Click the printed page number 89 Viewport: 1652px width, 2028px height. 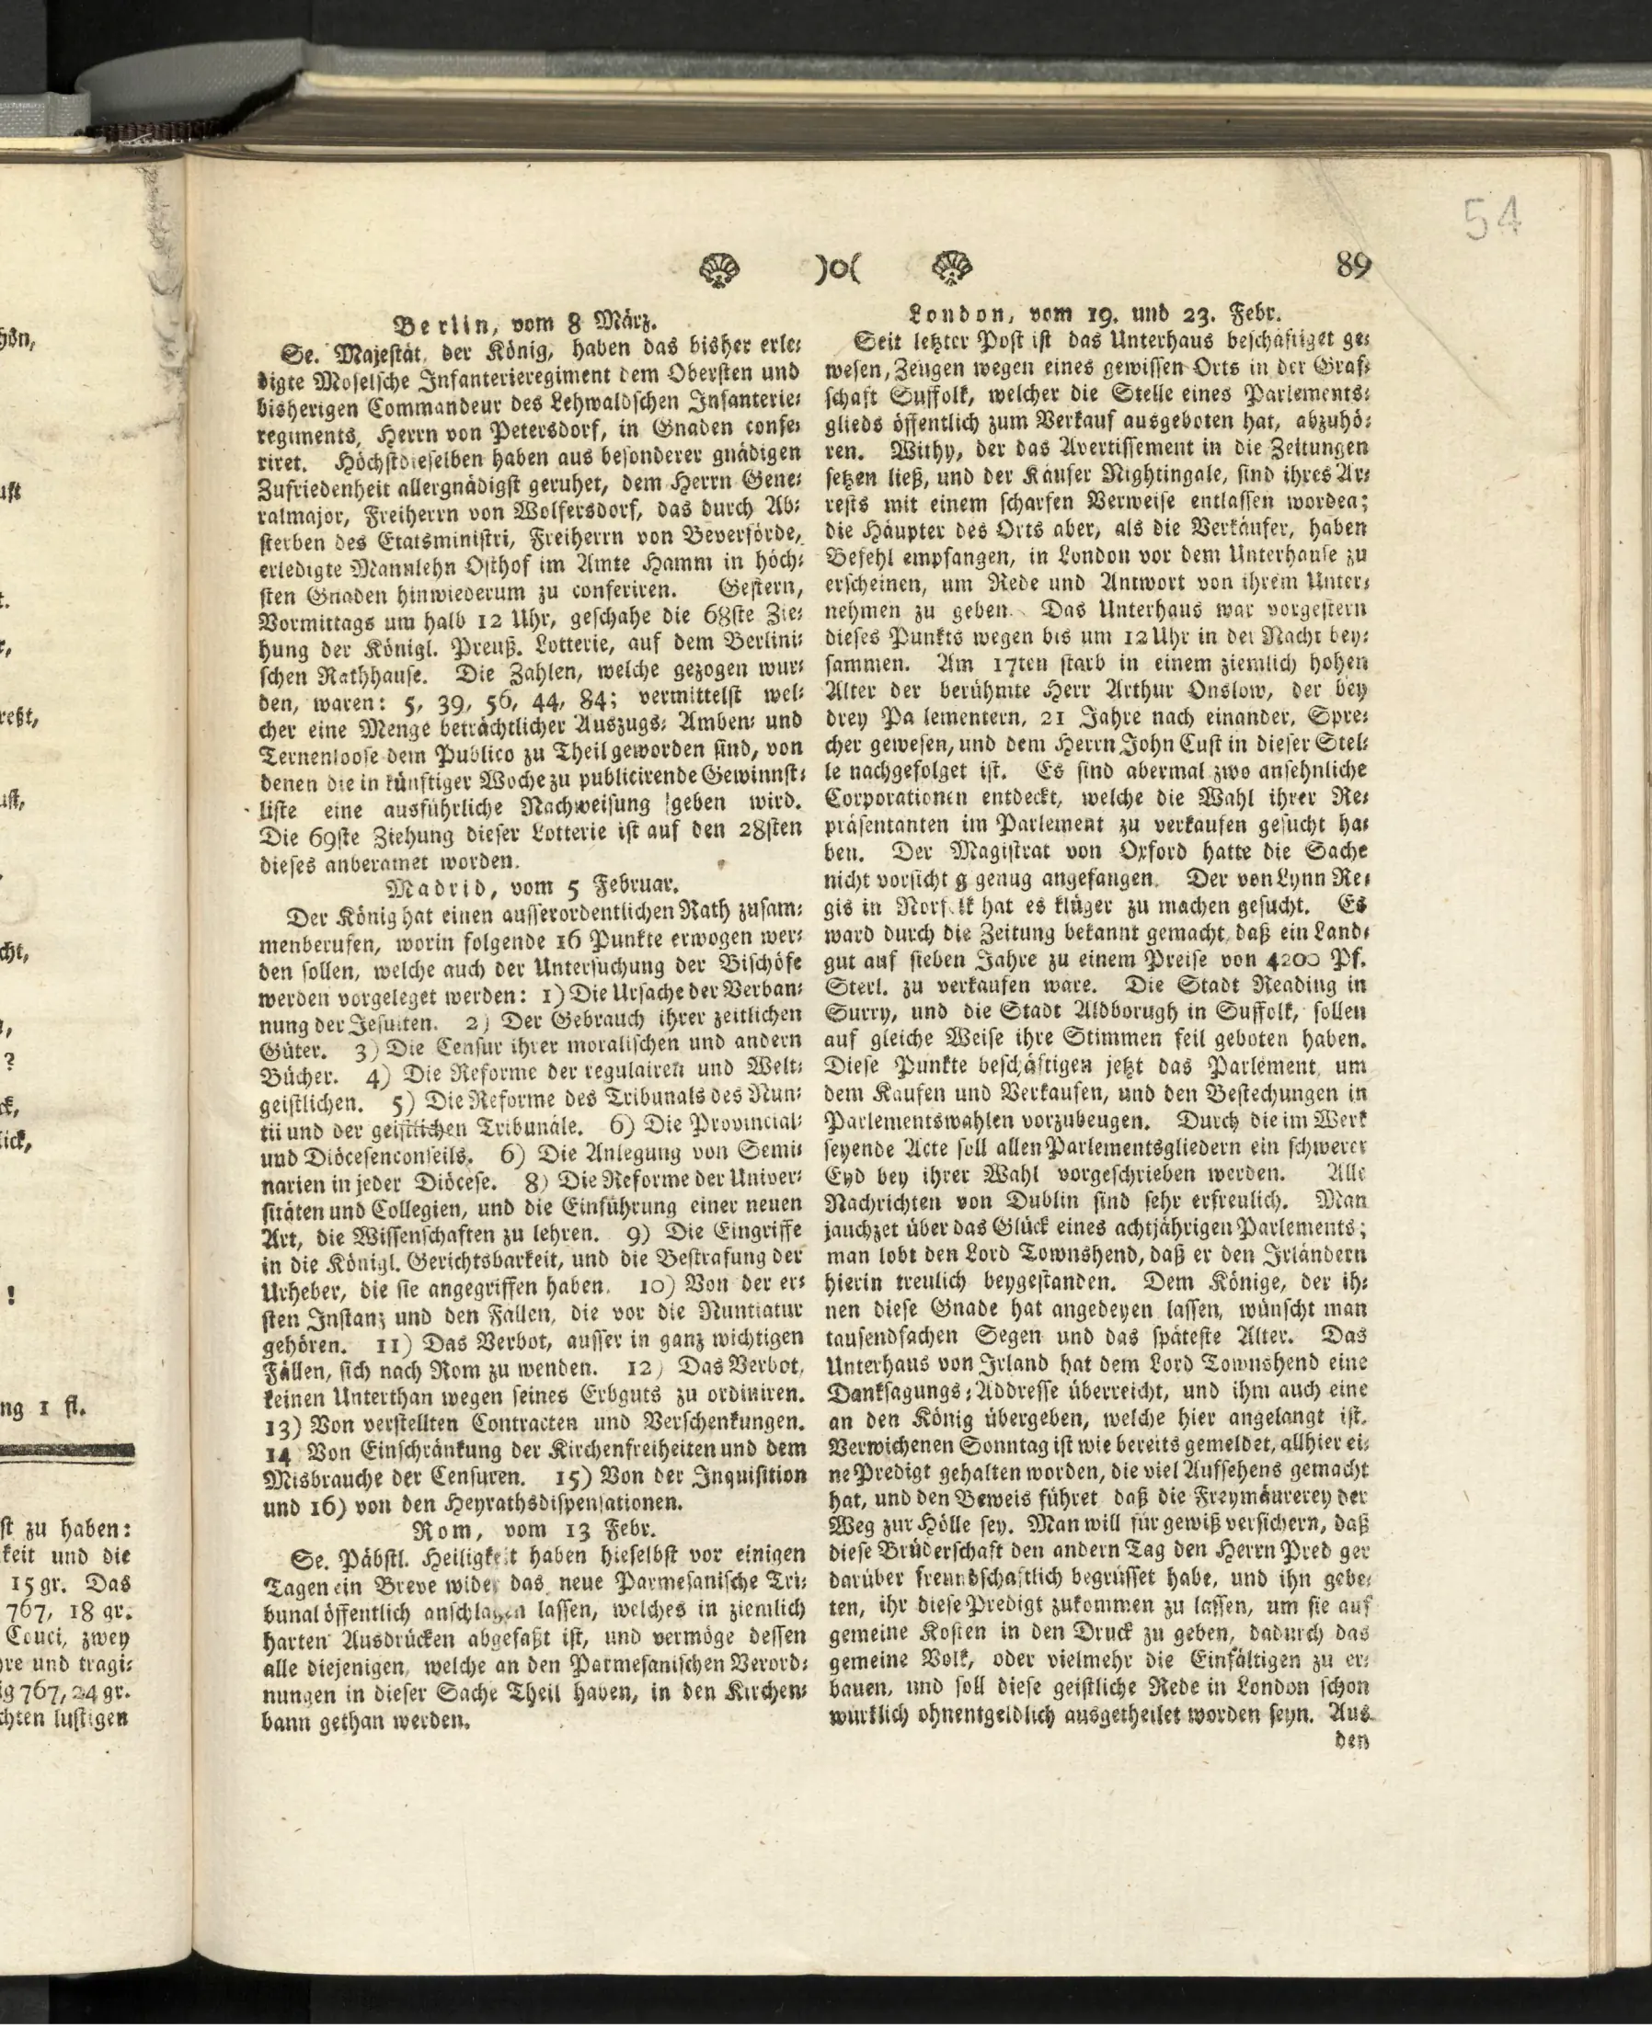tap(1353, 264)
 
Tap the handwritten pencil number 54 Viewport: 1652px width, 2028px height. tap(1492, 219)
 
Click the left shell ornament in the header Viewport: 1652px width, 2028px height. tap(721, 270)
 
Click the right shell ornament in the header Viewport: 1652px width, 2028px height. tap(951, 268)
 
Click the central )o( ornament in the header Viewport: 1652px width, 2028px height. tap(836, 269)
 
